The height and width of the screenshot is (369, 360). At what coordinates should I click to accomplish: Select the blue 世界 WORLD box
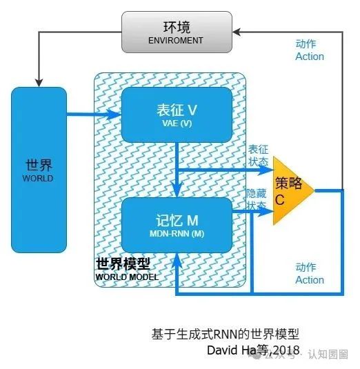[x=39, y=170]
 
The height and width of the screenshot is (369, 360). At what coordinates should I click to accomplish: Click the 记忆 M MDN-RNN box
[x=177, y=225]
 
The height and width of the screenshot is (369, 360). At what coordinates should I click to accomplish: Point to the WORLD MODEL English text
[x=126, y=277]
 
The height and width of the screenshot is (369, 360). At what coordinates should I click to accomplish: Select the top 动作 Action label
[x=310, y=50]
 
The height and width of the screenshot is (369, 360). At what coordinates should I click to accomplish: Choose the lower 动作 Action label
[x=310, y=273]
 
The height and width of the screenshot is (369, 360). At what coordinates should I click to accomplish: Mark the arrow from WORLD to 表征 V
[x=94, y=115]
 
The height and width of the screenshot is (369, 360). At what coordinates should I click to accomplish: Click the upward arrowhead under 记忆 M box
[x=177, y=258]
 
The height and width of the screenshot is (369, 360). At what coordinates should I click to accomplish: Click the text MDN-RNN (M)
[x=177, y=233]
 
